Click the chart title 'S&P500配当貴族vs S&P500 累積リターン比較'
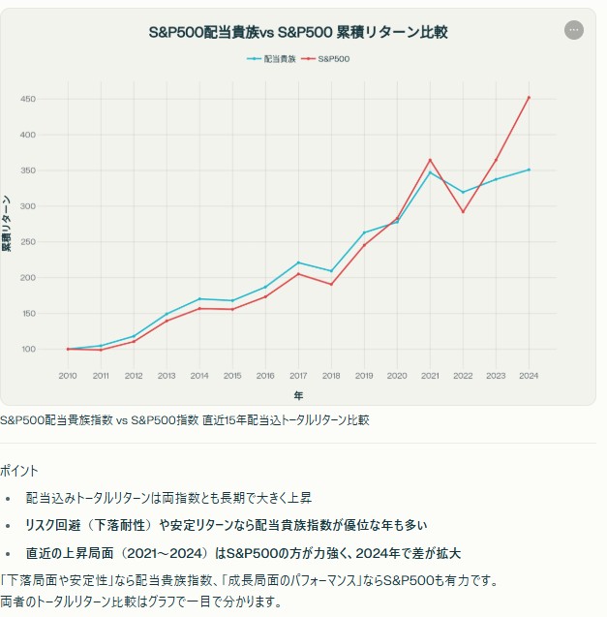[x=298, y=32]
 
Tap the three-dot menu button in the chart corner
[x=574, y=30]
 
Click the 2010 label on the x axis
[x=68, y=375]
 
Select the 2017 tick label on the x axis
[x=298, y=375]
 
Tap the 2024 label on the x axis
[x=529, y=375]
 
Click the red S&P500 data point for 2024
[x=529, y=97]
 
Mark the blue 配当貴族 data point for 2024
[x=529, y=170]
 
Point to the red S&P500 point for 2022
[x=463, y=212]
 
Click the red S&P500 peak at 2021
[x=430, y=160]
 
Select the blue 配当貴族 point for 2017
[x=298, y=262]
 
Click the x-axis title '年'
[x=298, y=395]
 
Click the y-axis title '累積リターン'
[x=7, y=223]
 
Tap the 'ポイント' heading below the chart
[x=19, y=471]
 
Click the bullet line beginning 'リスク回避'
[x=227, y=525]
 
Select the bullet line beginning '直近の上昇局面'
[x=243, y=553]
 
